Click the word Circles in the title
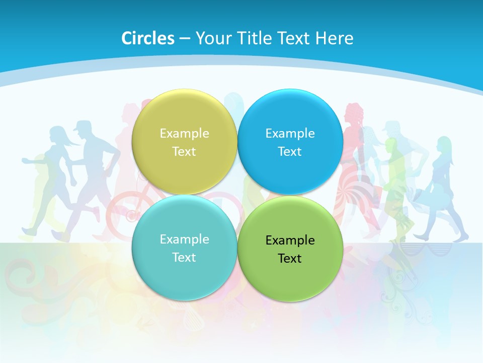click(x=147, y=38)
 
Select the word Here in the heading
click(x=334, y=38)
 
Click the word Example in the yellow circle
click(x=184, y=134)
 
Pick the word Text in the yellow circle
click(x=184, y=152)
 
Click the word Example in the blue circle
click(x=290, y=134)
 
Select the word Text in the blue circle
click(x=290, y=152)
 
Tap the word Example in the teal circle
click(x=184, y=239)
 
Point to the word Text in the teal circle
click(x=184, y=258)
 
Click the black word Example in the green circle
click(x=290, y=240)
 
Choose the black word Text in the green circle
click(x=290, y=259)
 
